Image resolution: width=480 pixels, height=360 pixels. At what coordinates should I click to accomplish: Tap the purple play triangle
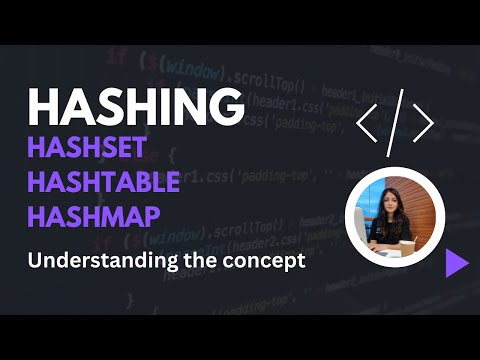coord(456,262)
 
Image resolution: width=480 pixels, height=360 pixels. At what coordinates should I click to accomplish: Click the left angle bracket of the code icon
coord(368,123)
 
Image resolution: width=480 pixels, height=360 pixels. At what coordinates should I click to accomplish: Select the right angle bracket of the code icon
coord(423,123)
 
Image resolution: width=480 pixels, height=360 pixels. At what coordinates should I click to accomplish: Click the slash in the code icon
coord(396,123)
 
